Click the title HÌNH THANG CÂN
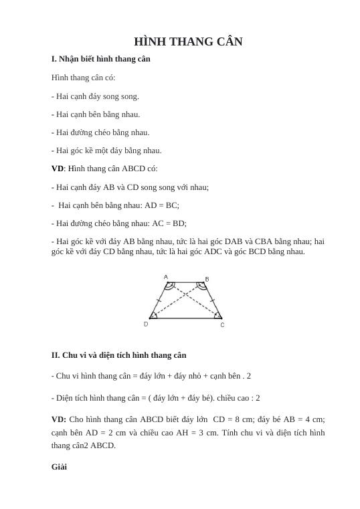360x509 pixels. [x=188, y=41]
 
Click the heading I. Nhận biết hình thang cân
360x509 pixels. [x=100, y=59]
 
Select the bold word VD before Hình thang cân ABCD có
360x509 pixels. [x=58, y=169]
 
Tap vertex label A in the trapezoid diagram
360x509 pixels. [x=166, y=276]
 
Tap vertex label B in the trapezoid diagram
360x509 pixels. [x=207, y=278]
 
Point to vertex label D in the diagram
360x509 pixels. [x=146, y=324]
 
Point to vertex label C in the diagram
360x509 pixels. [x=222, y=325]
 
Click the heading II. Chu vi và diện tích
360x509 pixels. [x=118, y=355]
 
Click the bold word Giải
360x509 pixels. [x=59, y=466]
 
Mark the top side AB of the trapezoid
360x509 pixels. [x=185, y=282]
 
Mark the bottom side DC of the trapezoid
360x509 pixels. [x=185, y=318]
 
